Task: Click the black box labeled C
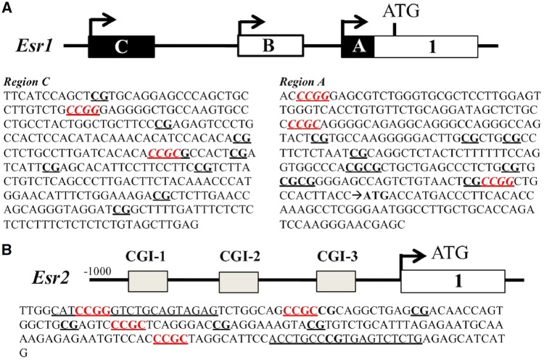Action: coord(121,46)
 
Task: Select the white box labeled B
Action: coord(271,46)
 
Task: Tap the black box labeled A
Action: coord(358,46)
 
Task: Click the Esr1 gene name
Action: coord(34,46)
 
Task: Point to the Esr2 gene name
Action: coord(51,278)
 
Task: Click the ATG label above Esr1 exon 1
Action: coord(401,11)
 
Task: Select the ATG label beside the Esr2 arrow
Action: coord(450,253)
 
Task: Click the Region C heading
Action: coord(27,82)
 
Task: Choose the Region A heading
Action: coord(302,82)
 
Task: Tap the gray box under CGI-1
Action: coord(148,282)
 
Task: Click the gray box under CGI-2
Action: coord(239,282)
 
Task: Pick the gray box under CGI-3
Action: coord(336,282)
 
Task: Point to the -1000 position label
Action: coord(97,271)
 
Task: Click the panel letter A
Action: coord(7,7)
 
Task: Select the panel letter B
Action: coord(7,250)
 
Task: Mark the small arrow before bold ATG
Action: coord(357,196)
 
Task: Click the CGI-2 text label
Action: coord(240,256)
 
